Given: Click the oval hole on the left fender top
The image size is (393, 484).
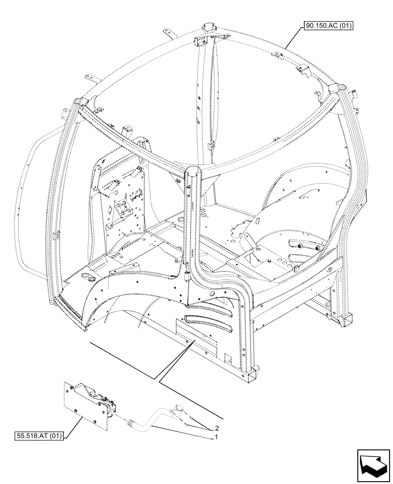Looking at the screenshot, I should [89, 277].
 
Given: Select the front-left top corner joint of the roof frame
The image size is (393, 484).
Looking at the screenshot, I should [79, 105].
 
